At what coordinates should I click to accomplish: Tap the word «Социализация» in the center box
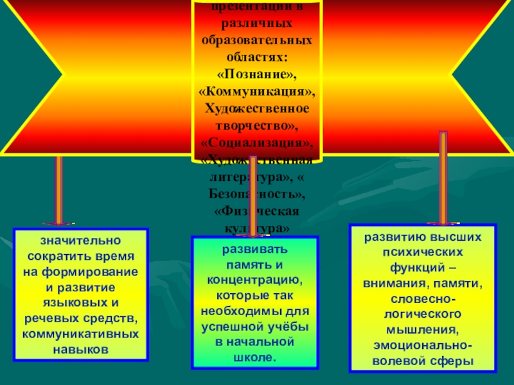(x=258, y=141)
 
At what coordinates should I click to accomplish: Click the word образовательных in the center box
(x=258, y=40)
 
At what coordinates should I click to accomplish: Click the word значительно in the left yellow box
(x=81, y=241)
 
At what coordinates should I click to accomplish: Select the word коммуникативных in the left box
(x=81, y=334)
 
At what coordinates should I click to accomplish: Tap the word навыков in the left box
(x=81, y=350)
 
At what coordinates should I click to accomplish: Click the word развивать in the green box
(x=255, y=249)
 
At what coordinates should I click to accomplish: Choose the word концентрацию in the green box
(x=255, y=280)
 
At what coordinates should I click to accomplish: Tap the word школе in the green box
(x=255, y=357)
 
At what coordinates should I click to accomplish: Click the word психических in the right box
(x=423, y=252)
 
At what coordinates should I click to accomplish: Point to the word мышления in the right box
(x=423, y=331)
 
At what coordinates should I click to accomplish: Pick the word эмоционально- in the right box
(x=423, y=346)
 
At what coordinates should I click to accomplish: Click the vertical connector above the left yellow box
(x=58, y=190)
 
